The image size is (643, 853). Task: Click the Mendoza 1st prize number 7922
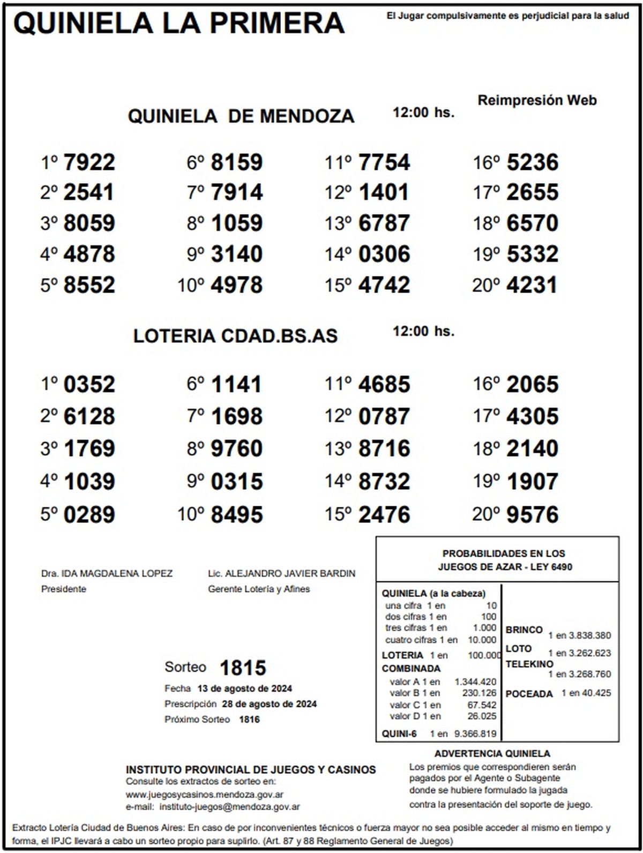89,162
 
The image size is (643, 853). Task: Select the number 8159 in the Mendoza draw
237,162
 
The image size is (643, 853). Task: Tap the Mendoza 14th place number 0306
384,254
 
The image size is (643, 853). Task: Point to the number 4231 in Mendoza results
532,285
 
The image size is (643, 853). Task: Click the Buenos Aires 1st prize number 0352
89,385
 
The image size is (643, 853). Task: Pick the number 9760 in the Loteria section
237,448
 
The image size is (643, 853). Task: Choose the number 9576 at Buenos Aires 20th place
532,515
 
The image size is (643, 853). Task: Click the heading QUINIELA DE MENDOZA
241,116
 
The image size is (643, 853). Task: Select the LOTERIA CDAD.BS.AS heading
235,336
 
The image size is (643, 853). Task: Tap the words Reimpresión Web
537,100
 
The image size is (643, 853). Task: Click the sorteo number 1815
243,668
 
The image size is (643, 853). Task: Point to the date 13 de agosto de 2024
244,689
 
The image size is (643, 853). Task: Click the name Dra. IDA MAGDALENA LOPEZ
107,574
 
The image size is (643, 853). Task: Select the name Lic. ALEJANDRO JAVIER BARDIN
281,574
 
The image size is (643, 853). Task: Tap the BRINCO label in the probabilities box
524,630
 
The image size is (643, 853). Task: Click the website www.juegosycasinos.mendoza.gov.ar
205,795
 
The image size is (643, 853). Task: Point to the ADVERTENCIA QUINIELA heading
492,754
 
